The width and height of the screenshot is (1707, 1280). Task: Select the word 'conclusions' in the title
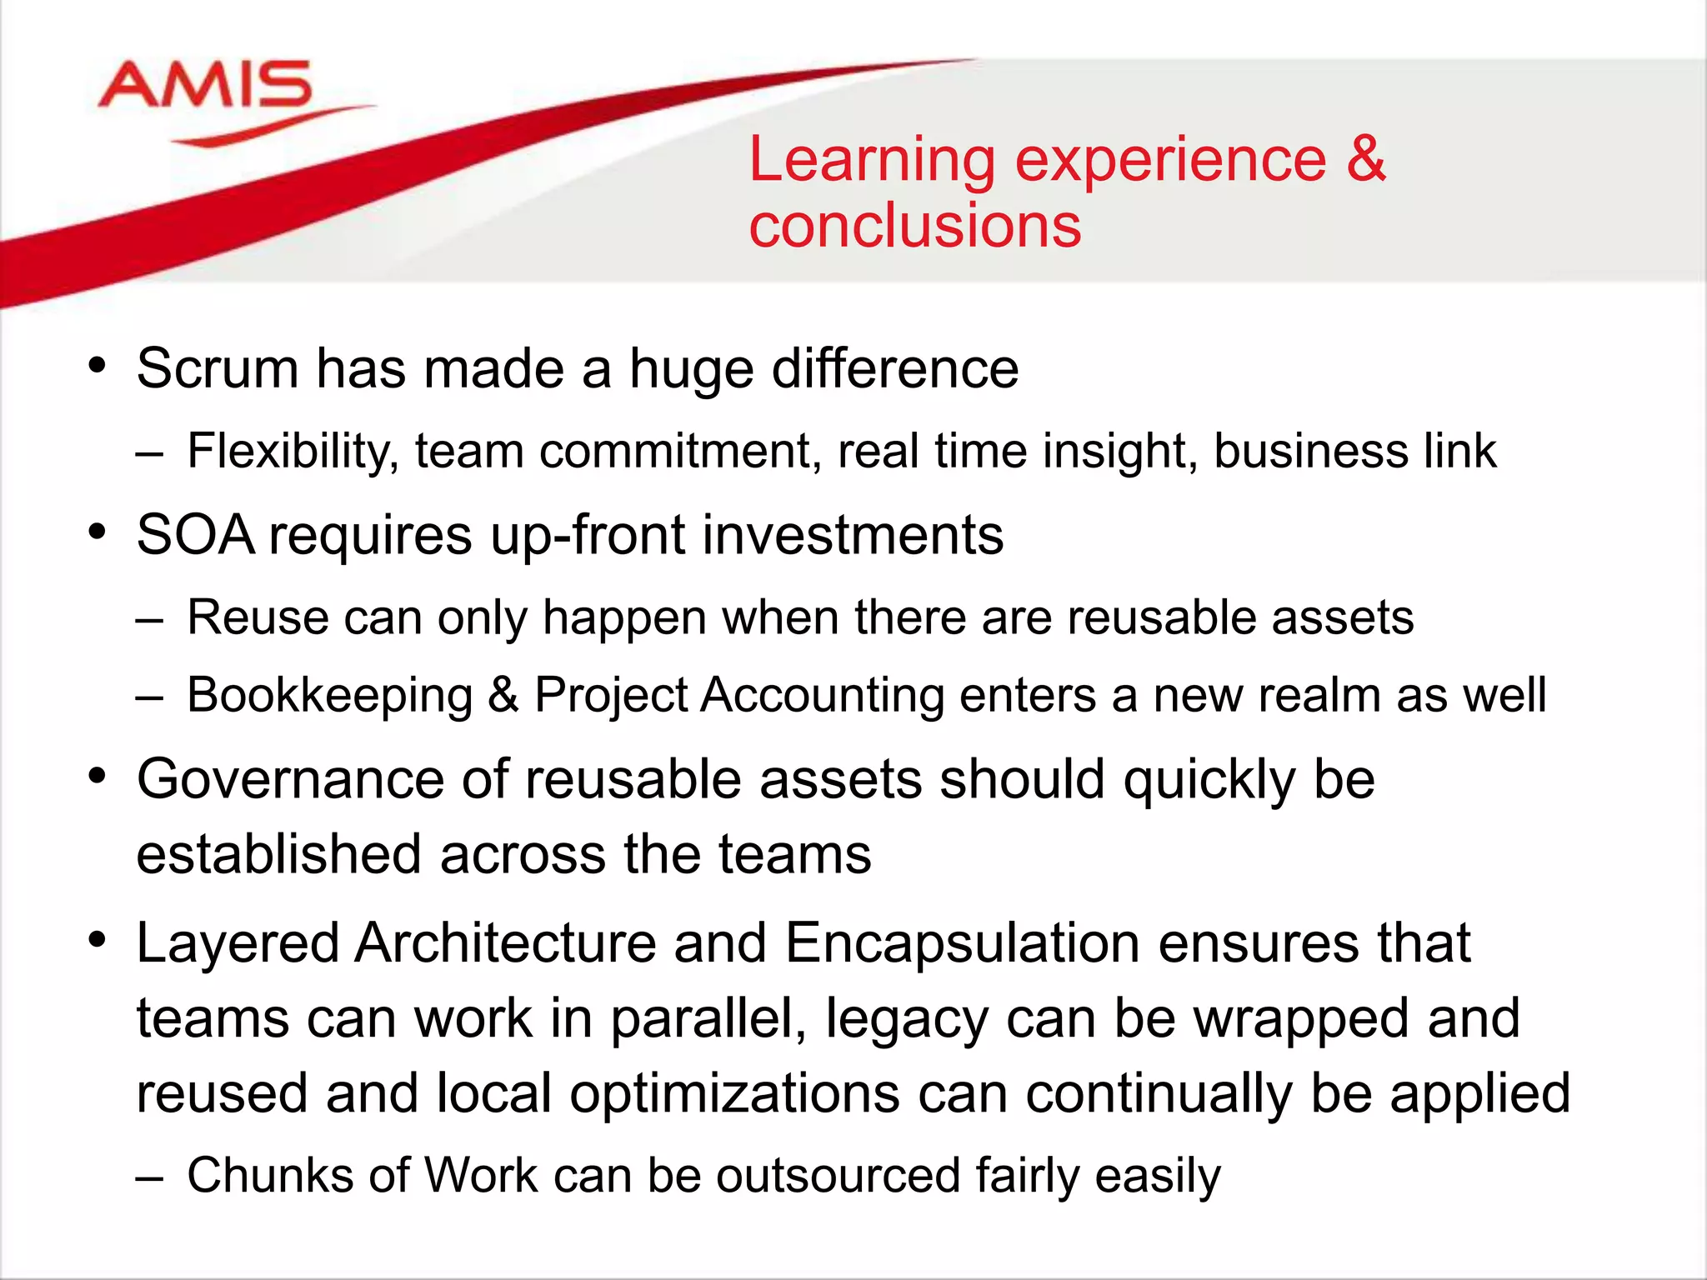(x=914, y=226)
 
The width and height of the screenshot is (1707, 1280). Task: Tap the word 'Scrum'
(x=218, y=368)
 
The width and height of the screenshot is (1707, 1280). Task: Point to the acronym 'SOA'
(x=196, y=535)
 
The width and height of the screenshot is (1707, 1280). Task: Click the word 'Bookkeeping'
(x=330, y=696)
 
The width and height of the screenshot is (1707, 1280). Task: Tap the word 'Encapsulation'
(x=962, y=943)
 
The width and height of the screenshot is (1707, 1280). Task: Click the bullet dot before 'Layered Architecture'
(x=98, y=940)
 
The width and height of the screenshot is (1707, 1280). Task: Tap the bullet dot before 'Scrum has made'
(x=98, y=365)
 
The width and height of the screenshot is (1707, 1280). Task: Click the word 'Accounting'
(x=822, y=696)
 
